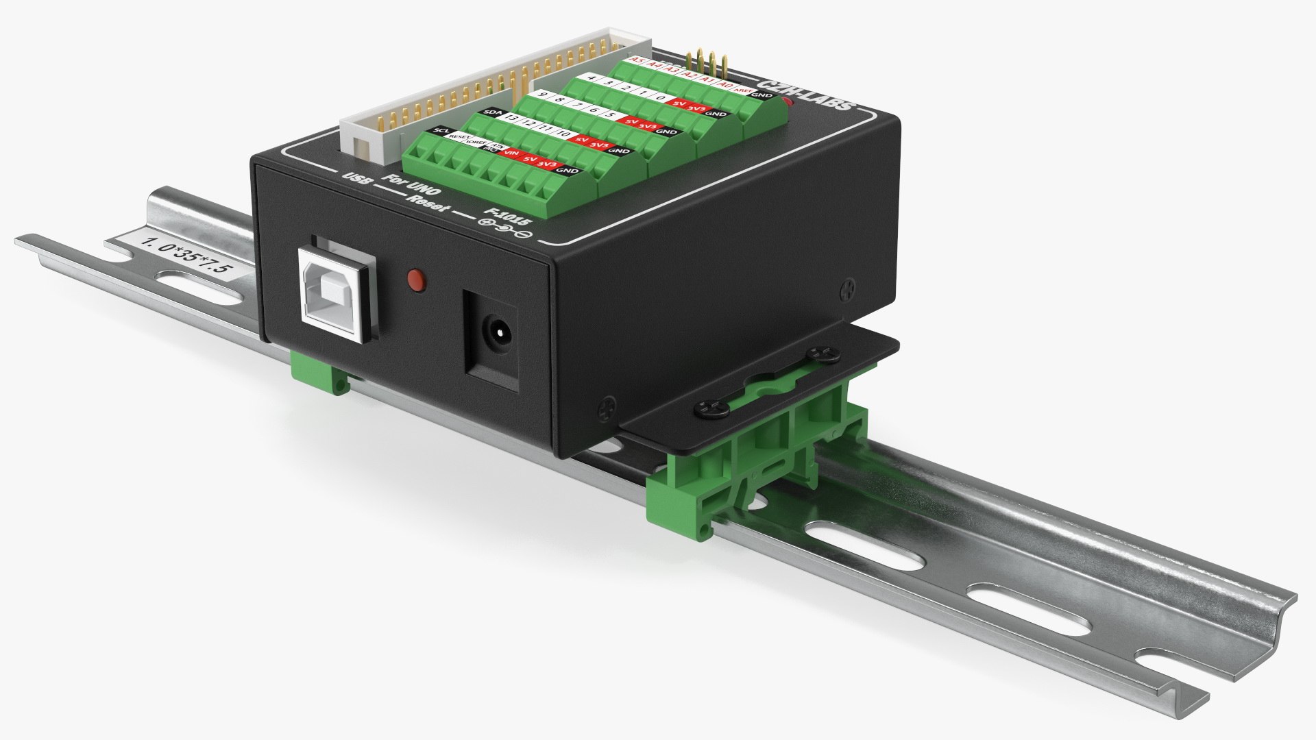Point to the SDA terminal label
491,112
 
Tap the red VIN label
511,154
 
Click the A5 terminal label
637,61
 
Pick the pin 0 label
659,97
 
